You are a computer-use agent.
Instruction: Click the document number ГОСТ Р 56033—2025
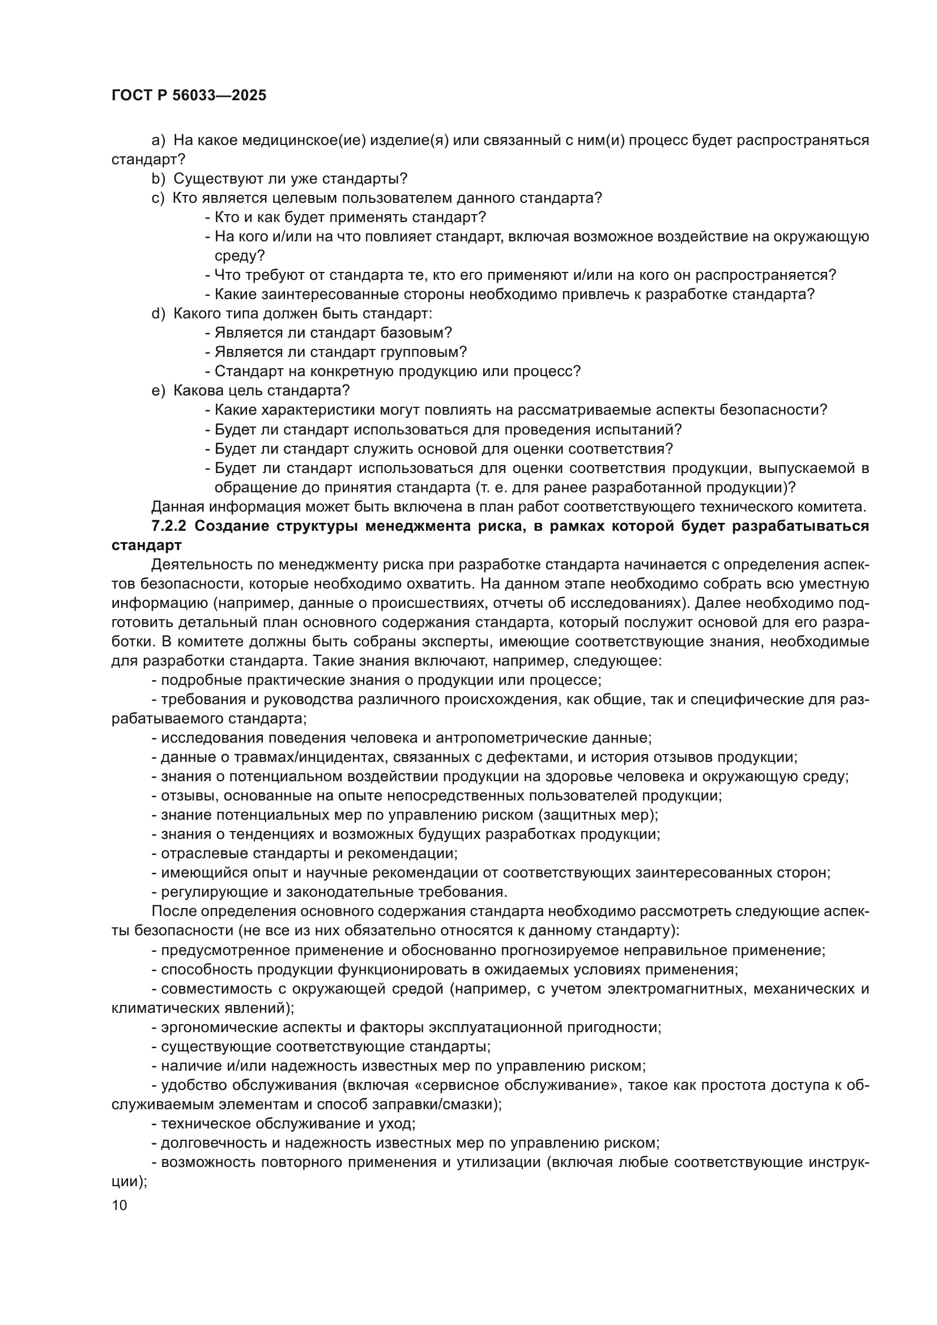[x=189, y=96]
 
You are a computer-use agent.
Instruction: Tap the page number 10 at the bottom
[x=120, y=1205]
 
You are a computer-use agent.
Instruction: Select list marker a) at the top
[x=158, y=140]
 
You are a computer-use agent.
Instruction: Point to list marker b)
[x=158, y=179]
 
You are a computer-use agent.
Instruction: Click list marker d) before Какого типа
[x=158, y=314]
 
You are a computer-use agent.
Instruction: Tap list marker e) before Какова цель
[x=158, y=391]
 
